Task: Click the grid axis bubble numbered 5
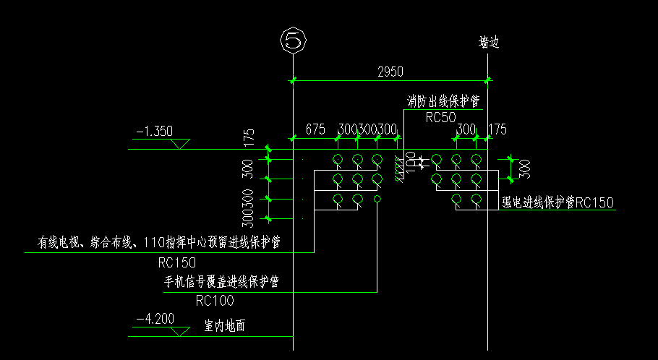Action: (292, 40)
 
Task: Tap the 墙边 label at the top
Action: (489, 43)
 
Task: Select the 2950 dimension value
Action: (390, 71)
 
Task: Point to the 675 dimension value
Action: (315, 129)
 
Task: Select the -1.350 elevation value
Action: (154, 132)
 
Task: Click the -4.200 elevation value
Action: (154, 318)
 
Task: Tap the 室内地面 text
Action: (225, 327)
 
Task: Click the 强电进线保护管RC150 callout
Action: (557, 202)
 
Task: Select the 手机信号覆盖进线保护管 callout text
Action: (222, 280)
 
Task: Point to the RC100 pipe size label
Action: (215, 300)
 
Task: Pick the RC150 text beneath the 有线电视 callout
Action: (176, 262)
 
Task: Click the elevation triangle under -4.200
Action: (180, 331)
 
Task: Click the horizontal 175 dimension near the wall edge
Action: (498, 129)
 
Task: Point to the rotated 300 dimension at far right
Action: (525, 168)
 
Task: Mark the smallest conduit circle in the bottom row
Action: (377, 199)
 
